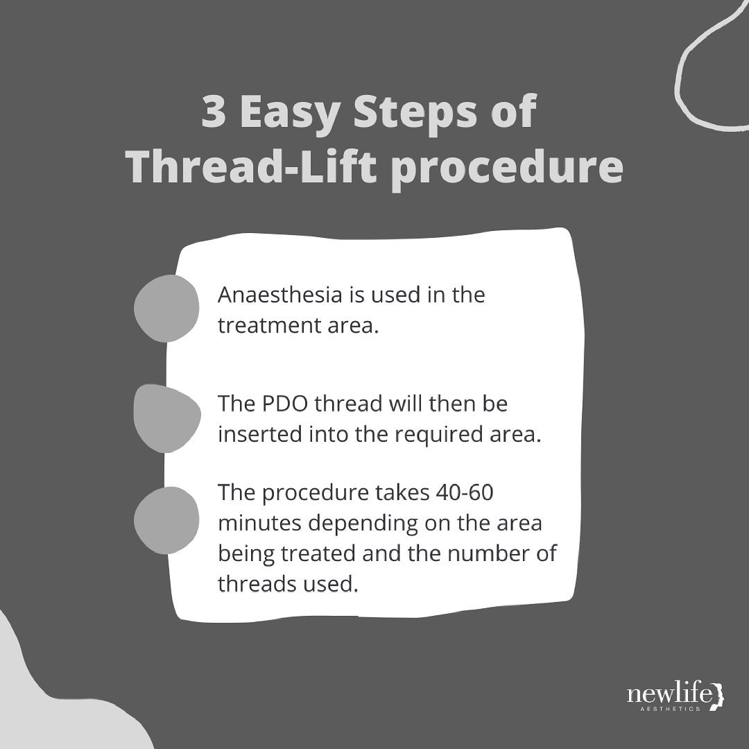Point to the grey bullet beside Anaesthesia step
pos(166,309)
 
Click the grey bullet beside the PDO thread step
pos(167,418)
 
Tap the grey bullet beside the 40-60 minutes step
pos(166,520)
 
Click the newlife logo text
pos(669,693)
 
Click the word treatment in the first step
pos(269,325)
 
